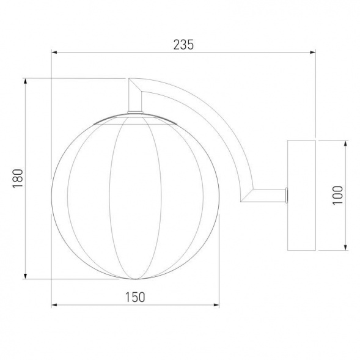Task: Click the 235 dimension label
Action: [x=183, y=45]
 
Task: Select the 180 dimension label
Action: [x=18, y=178]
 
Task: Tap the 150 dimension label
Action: [x=135, y=297]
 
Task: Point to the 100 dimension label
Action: [x=338, y=196]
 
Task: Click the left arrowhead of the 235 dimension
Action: [x=54, y=53]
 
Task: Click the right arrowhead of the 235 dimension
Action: [x=313, y=53]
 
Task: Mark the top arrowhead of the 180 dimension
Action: [x=26, y=81]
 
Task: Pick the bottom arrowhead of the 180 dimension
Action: [x=26, y=276]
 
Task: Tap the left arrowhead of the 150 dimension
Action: [x=54, y=305]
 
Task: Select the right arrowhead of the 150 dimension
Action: [x=216, y=305]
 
